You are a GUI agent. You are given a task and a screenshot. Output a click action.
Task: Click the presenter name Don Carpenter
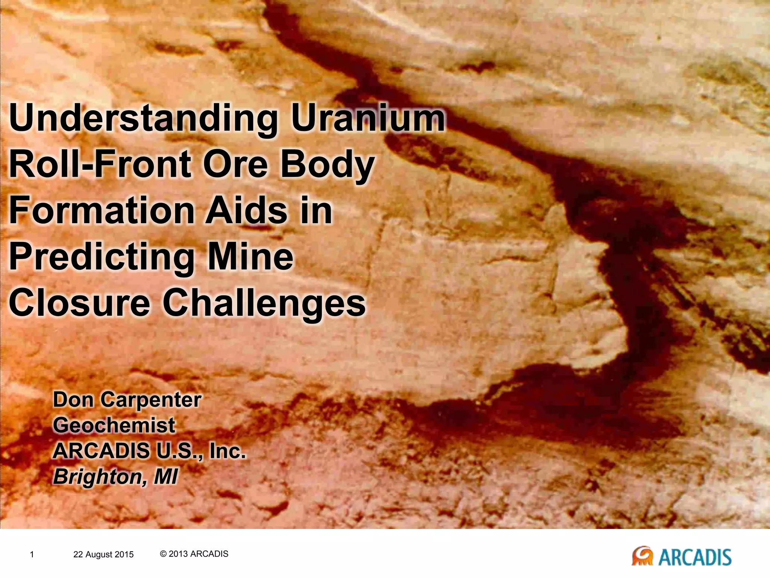pyautogui.click(x=127, y=400)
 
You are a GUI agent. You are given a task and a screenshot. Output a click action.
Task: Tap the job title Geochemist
pyautogui.click(x=114, y=426)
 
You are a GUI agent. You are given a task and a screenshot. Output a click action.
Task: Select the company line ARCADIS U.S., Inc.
pyautogui.click(x=149, y=451)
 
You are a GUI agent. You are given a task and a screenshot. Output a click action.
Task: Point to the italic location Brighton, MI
pyautogui.click(x=115, y=477)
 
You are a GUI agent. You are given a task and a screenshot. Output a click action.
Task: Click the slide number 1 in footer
pyautogui.click(x=32, y=554)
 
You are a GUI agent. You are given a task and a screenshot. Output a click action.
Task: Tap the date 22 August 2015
pyautogui.click(x=103, y=554)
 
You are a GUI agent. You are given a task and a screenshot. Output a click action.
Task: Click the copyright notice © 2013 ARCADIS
pyautogui.click(x=194, y=554)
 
